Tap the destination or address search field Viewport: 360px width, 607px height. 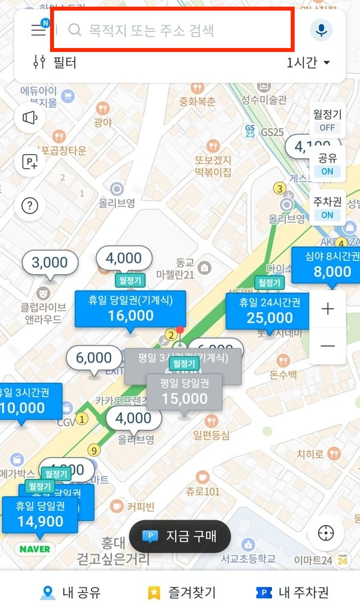[x=172, y=30]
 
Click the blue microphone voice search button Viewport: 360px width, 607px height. [x=321, y=30]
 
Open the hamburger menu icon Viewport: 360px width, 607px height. [x=38, y=30]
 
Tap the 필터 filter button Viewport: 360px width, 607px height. [x=55, y=63]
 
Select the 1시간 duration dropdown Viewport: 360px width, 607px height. [x=308, y=63]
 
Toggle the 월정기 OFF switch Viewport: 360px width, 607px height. [x=327, y=121]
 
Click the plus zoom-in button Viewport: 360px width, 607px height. [x=327, y=309]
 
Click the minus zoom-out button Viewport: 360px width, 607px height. [x=327, y=346]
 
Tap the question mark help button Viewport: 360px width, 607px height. [x=30, y=205]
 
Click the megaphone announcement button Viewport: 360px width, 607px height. [x=30, y=118]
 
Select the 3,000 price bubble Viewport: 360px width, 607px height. [x=50, y=263]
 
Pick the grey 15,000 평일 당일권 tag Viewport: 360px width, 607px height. [x=185, y=392]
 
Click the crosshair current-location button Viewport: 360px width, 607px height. [x=326, y=534]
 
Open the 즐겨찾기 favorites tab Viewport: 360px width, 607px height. [x=181, y=592]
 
